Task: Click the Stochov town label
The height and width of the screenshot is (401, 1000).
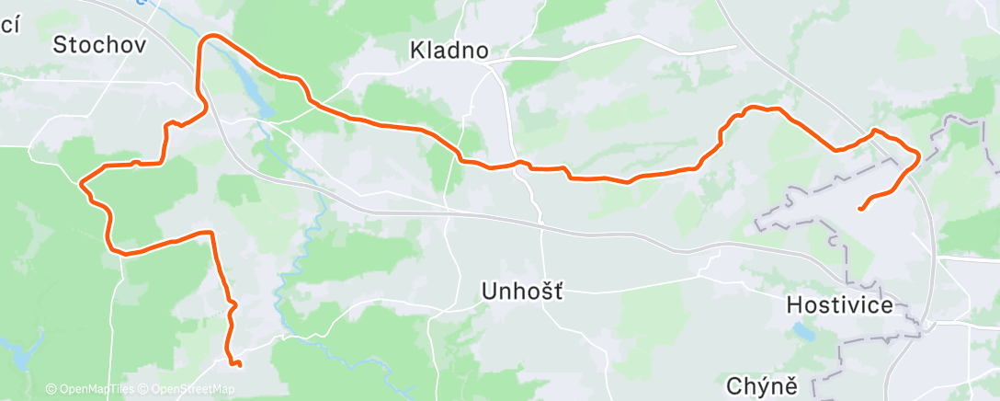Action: click(100, 44)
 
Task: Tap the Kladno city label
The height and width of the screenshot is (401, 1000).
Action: click(449, 52)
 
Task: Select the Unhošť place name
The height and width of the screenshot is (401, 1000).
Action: click(522, 292)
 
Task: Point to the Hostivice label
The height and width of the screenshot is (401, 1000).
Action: click(840, 305)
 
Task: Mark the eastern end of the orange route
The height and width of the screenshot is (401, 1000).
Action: click(860, 209)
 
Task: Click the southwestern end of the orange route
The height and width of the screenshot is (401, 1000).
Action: click(239, 365)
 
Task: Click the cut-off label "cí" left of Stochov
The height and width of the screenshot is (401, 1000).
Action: click(9, 26)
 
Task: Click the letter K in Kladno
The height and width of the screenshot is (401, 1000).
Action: click(416, 52)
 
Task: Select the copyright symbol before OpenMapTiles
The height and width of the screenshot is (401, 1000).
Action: click(51, 390)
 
